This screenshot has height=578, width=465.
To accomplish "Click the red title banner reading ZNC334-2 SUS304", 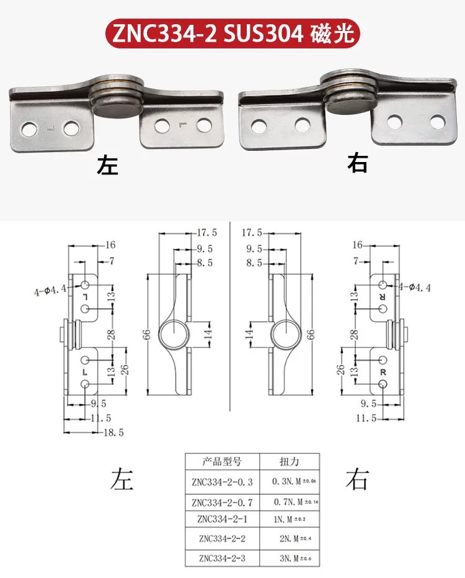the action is tap(232, 34).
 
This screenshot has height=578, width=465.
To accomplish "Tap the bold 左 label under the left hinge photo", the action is tap(107, 165).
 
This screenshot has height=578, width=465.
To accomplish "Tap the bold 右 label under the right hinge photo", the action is tap(358, 163).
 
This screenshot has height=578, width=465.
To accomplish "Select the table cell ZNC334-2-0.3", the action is tap(222, 481).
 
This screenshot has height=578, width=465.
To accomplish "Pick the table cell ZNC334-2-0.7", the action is tap(222, 502).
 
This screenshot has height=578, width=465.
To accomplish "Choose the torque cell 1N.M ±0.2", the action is tap(290, 520).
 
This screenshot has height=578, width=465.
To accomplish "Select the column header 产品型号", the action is tap(222, 461).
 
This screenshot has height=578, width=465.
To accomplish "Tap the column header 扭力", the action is tap(290, 461).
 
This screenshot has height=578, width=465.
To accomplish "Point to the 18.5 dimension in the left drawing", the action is tap(113, 432).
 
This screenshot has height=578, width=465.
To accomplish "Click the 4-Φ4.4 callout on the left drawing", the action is tap(50, 291).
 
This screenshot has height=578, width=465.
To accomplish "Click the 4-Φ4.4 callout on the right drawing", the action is tap(415, 287).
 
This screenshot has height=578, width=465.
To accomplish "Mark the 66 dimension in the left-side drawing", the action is tap(146, 335).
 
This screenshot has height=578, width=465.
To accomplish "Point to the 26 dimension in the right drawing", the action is tap(340, 369).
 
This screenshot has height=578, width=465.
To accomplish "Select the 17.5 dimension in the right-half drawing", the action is tap(252, 233).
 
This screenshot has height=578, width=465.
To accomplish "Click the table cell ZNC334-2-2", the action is tap(222, 538).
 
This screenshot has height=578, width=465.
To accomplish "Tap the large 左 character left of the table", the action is tap(122, 479).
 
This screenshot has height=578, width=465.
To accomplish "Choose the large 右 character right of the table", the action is tap(356, 479).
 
